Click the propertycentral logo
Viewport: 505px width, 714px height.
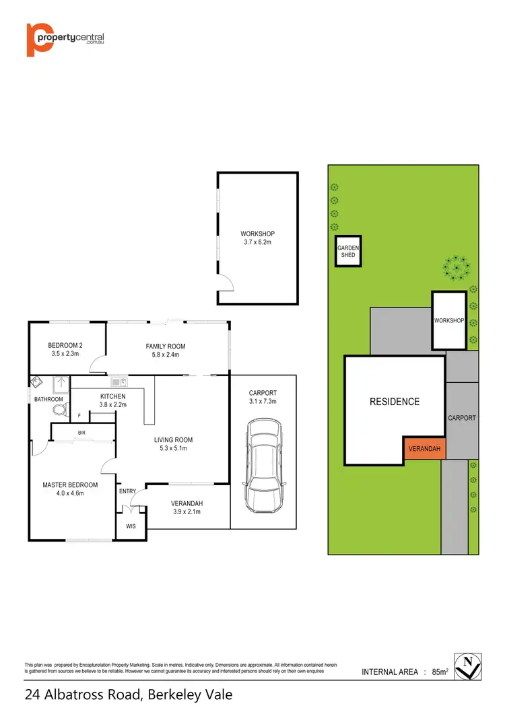click(x=65, y=40)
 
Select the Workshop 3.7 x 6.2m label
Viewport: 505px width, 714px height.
click(x=259, y=238)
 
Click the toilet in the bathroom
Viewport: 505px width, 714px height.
click(x=59, y=408)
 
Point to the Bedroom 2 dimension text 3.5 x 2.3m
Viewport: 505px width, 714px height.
click(x=65, y=353)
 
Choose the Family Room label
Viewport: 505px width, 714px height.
click(x=166, y=347)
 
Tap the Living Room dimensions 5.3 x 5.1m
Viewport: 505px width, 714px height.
click(x=174, y=449)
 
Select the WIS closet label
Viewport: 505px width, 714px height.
click(x=131, y=526)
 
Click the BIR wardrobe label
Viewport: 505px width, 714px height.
click(x=81, y=432)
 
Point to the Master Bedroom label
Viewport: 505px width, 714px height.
click(x=70, y=485)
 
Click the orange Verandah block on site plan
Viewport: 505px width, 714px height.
click(x=424, y=448)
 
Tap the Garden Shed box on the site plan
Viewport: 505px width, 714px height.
click(x=348, y=252)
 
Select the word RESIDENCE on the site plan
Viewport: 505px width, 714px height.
click(x=394, y=402)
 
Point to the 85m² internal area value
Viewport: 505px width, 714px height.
click(x=441, y=672)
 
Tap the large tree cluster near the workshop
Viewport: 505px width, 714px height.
click(x=456, y=267)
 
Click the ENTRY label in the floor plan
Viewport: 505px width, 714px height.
click(x=127, y=491)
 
